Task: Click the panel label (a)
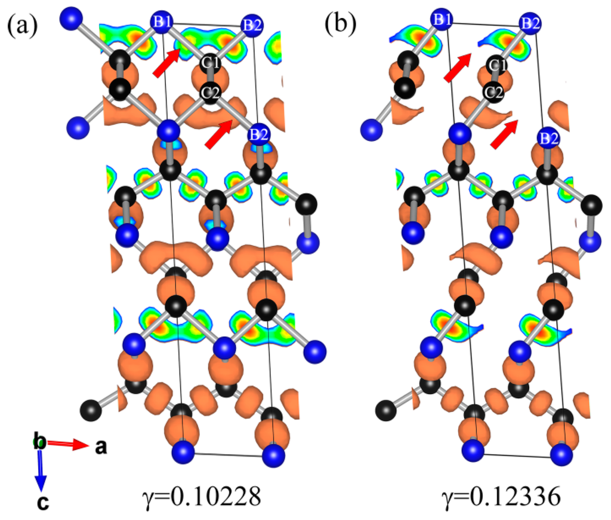point(23,25)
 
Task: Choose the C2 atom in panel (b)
point(493,92)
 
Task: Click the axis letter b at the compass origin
point(39,442)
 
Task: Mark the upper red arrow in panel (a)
point(166,63)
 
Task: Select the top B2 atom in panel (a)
point(251,25)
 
